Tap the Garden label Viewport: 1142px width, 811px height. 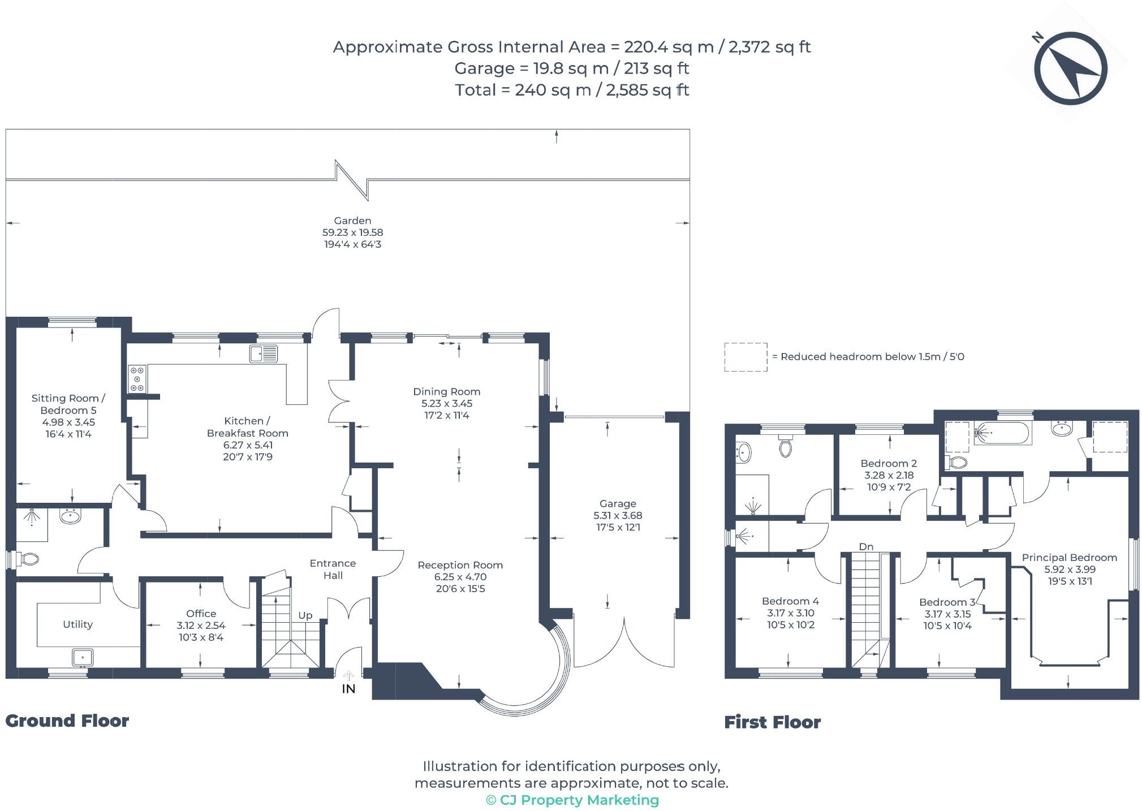352,221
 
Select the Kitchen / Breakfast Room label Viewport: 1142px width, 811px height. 247,427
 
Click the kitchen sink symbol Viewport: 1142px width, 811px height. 264,354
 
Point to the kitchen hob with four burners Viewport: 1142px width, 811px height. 137,378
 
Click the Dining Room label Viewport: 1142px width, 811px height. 446,391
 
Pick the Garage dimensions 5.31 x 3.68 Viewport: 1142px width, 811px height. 617,515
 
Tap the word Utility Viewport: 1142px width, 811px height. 77,624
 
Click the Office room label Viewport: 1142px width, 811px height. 201,614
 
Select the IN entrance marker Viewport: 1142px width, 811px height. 348,688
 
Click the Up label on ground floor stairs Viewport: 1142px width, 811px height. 305,615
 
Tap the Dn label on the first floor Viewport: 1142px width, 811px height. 866,546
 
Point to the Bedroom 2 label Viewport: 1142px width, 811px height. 889,463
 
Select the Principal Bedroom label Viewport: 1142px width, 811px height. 1069,558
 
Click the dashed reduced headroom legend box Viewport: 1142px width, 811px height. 745,357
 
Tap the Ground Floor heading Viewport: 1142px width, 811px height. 67,721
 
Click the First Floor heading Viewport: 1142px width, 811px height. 772,722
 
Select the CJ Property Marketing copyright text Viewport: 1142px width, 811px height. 572,800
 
